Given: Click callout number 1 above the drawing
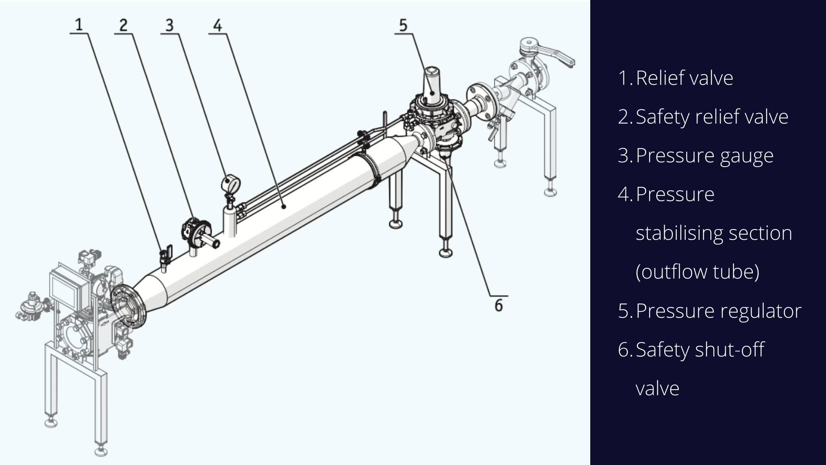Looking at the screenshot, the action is (x=79, y=25).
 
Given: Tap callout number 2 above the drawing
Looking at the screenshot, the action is (x=123, y=25).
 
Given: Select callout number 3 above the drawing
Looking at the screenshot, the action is (x=170, y=25).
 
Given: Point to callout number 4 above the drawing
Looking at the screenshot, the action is (x=218, y=25).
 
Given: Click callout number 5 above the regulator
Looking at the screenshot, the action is (x=403, y=25).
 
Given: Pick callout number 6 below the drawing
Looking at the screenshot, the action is (x=499, y=305).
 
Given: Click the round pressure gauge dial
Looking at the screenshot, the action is (x=231, y=183).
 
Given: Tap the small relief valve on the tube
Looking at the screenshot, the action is (x=165, y=257).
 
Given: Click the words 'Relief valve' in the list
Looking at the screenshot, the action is (x=684, y=78).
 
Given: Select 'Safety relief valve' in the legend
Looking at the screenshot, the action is (x=712, y=117).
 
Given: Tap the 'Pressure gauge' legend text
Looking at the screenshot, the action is (x=705, y=156).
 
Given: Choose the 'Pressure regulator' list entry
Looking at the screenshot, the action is (x=718, y=311).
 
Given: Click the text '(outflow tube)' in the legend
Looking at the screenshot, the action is (x=697, y=272).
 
